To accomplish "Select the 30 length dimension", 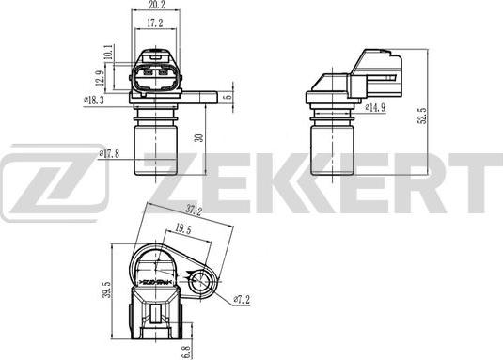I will point(198,138).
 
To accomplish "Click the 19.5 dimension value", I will point(184,228).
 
